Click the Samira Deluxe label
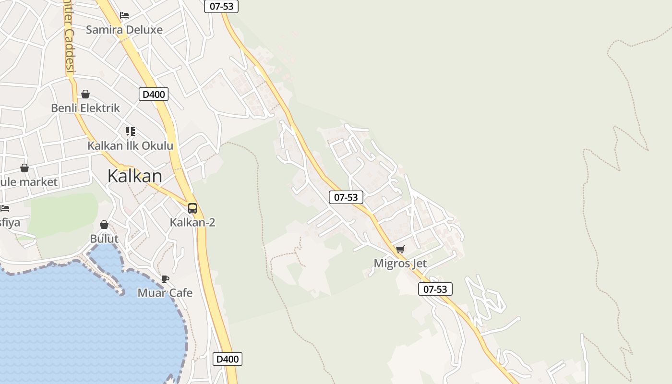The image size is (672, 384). [x=124, y=30]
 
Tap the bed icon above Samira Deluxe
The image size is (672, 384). [x=124, y=15]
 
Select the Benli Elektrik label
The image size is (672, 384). [x=85, y=108]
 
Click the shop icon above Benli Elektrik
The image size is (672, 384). [x=85, y=94]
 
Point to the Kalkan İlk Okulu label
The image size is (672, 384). [x=130, y=145]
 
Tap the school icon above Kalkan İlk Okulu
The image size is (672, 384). [x=131, y=131]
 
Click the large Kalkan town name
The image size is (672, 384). [x=135, y=176]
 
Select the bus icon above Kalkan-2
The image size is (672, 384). [x=192, y=208]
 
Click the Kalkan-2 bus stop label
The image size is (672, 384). [x=192, y=222]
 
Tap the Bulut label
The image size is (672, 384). [x=104, y=239]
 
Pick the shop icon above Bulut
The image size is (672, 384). [x=104, y=225]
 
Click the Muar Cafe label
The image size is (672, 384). [x=165, y=293]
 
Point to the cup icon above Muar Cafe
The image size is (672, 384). [x=165, y=279]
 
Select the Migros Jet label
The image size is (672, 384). [x=400, y=264]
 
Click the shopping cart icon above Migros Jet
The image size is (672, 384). [x=400, y=250]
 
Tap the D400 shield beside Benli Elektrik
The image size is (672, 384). [x=154, y=94]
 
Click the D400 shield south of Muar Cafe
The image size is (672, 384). [x=228, y=359]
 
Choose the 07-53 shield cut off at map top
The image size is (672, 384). [x=221, y=6]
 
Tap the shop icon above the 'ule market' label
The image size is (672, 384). [x=24, y=168]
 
